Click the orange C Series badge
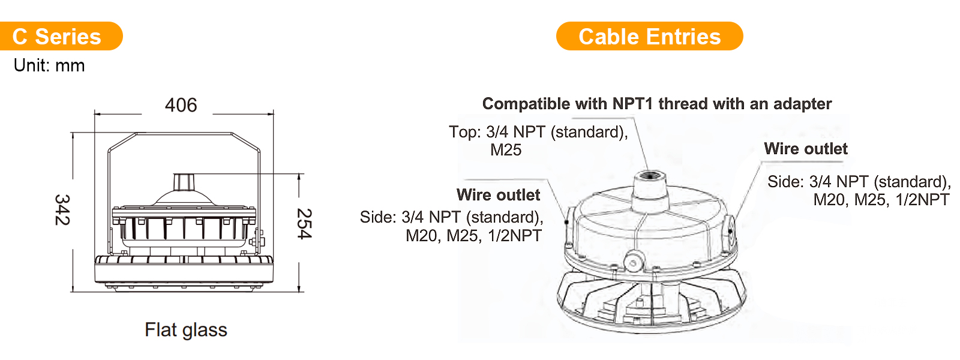61,36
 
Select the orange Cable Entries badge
649,36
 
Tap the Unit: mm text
49,65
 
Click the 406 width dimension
181,105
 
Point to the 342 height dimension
62,209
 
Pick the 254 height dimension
305,224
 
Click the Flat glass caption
186,329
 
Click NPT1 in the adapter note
632,104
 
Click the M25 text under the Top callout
506,150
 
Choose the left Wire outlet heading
498,195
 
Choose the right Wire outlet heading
806,149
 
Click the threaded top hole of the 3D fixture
650,175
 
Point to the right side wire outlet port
730,230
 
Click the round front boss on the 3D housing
634,262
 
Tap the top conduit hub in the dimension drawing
184,182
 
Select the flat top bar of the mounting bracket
184,133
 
